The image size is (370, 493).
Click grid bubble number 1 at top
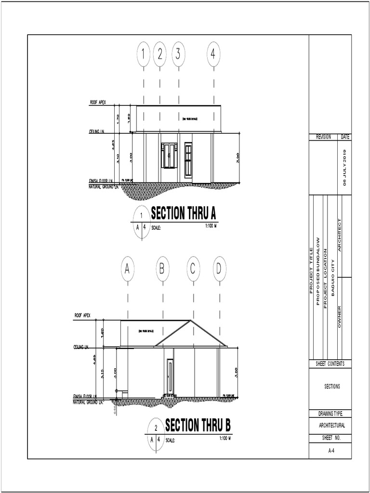(144, 54)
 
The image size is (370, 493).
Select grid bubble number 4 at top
(213, 54)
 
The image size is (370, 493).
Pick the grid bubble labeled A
(127, 270)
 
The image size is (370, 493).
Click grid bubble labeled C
(193, 270)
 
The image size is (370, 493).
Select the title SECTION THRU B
(198, 426)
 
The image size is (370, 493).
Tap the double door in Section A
(169, 156)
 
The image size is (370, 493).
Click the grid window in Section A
(188, 156)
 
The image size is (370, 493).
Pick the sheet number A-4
(330, 452)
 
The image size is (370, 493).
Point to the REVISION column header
(323, 137)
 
